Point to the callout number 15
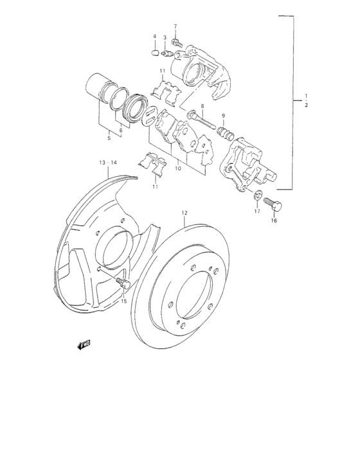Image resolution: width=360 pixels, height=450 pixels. pyautogui.click(x=124, y=300)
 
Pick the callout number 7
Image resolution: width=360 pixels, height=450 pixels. pyautogui.click(x=174, y=26)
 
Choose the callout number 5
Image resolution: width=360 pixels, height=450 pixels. pyautogui.click(x=109, y=138)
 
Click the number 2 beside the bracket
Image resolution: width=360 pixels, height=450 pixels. pyautogui.click(x=306, y=104)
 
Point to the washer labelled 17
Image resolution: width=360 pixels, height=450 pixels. pyautogui.click(x=258, y=195)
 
